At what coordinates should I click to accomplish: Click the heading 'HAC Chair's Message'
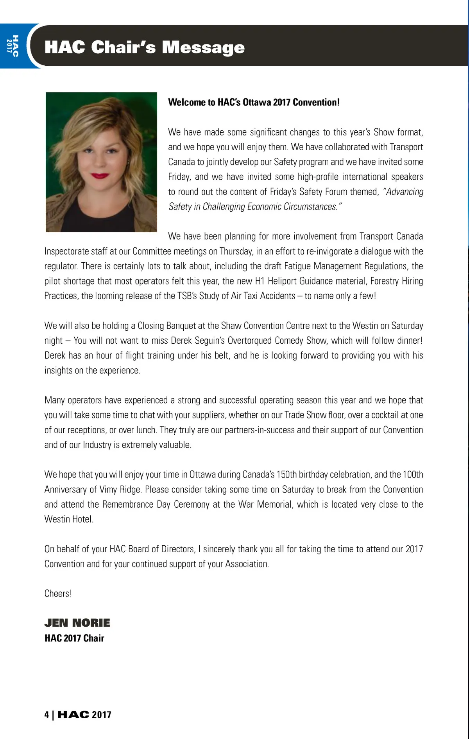[145, 47]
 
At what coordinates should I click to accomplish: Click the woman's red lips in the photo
[101, 176]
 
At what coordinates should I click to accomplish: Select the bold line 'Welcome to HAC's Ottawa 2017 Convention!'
[254, 103]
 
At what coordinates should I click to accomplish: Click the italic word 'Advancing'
[404, 192]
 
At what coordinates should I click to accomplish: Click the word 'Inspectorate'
[67, 251]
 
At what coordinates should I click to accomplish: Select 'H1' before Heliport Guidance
[260, 281]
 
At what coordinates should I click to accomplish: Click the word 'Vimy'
[108, 489]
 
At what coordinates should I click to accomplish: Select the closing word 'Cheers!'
[58, 593]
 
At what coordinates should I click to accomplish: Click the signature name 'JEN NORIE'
[77, 623]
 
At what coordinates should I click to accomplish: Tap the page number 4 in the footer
[47, 715]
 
